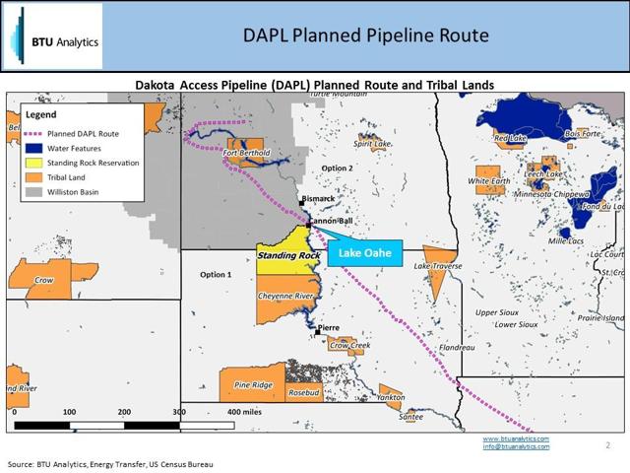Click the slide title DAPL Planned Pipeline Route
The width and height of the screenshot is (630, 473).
click(x=366, y=36)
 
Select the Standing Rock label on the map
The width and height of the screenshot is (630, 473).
click(x=289, y=255)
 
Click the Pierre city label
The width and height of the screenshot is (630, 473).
click(x=328, y=327)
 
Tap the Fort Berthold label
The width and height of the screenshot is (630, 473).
click(x=247, y=154)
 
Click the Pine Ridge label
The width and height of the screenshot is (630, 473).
click(x=254, y=384)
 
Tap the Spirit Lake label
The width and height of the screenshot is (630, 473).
click(x=372, y=144)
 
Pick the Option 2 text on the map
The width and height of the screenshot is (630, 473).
click(x=338, y=168)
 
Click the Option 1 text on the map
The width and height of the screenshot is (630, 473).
click(x=215, y=274)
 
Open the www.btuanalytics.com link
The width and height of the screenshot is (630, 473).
click(x=516, y=438)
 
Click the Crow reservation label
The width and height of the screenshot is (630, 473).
click(x=43, y=280)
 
